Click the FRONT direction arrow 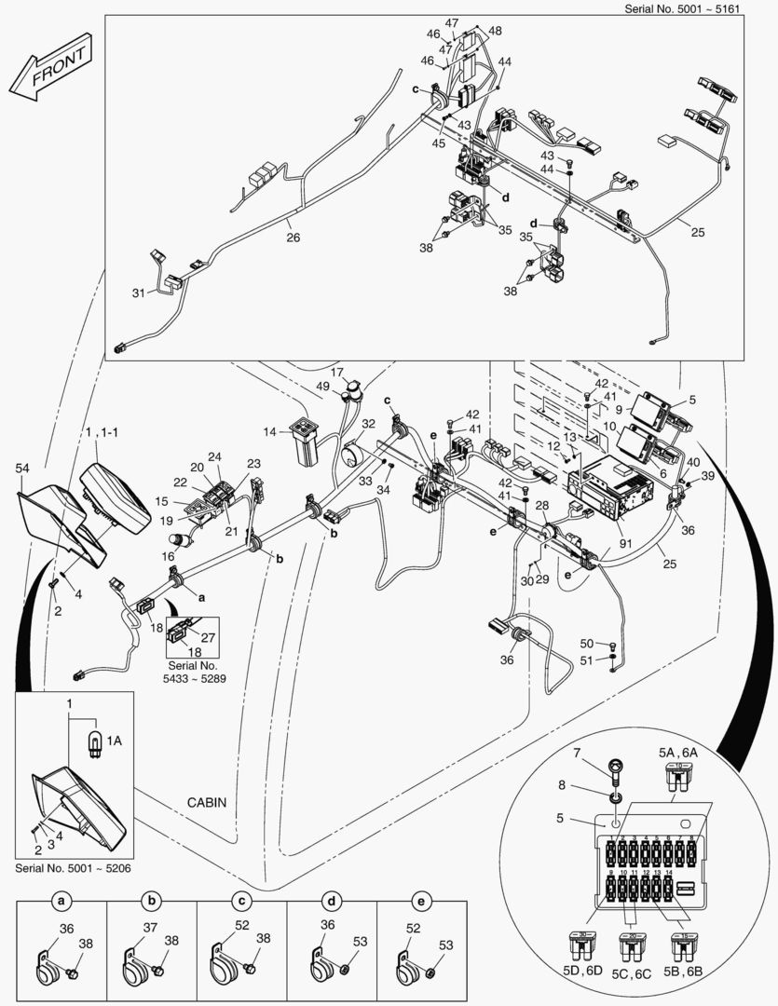[54, 71]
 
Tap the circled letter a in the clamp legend [61, 903]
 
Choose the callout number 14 [268, 432]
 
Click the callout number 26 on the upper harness [293, 238]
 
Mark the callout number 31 [139, 292]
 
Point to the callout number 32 [369, 424]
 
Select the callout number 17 [337, 373]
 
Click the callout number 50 [586, 644]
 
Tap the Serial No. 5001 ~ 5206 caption [74, 867]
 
